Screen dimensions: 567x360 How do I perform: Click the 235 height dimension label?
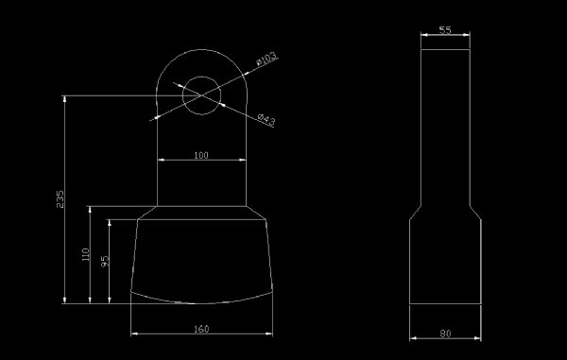point(60,199)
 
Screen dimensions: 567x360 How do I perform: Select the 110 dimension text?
point(85,254)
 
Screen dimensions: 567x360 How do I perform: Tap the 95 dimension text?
point(105,261)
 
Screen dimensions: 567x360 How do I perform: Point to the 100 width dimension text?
point(201,155)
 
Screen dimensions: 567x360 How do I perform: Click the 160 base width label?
point(201,329)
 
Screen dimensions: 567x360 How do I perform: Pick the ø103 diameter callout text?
point(266,59)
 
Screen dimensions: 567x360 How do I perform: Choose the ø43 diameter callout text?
point(266,120)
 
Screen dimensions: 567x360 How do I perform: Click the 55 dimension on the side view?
point(445,30)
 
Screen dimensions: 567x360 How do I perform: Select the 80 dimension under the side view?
point(445,334)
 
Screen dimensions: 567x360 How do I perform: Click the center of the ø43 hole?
point(201,95)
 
